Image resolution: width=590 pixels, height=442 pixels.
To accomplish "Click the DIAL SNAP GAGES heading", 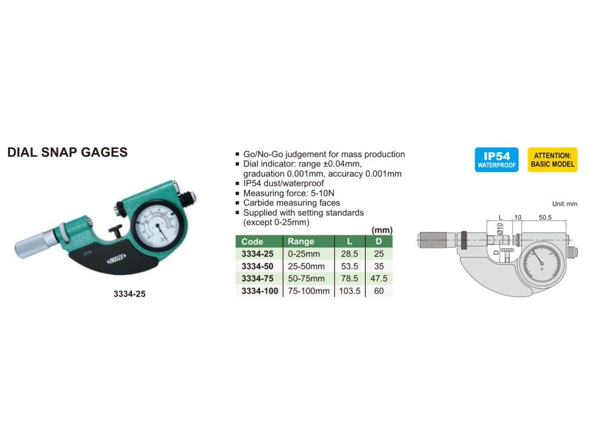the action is pos(67,153).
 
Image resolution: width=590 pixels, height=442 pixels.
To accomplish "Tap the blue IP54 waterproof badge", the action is pos(497,159).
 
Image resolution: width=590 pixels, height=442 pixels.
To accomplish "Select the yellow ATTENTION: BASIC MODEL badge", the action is pos(552,159).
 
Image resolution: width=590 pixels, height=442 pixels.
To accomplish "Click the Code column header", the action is pos(252,242).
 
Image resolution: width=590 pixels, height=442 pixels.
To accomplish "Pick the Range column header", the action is pos(301,242).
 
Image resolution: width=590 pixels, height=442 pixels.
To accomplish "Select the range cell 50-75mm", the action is pos(306,279).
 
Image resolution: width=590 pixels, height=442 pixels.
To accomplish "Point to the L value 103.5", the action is pos(350,291).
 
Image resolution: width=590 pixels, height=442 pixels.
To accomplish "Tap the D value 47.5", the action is pos(379,279).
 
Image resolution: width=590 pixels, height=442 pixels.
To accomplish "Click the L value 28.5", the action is pos(350,254).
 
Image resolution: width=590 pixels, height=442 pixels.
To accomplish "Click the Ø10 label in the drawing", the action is pos(500,228).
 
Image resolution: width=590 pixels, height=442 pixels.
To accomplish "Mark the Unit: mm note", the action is pos(564,204).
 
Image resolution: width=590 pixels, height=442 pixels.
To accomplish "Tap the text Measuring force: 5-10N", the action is pos(284,193).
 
